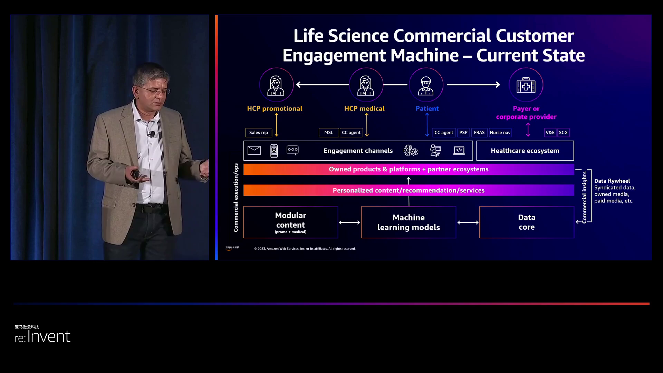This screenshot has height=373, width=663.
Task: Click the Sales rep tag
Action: [x=259, y=133]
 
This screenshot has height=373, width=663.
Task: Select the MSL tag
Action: [x=328, y=133]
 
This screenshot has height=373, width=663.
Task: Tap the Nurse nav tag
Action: [x=500, y=133]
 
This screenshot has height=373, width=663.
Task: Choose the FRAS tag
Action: [x=479, y=133]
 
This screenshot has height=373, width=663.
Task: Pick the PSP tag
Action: [x=463, y=133]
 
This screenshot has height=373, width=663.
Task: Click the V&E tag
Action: [x=550, y=133]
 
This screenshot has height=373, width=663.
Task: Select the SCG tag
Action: [x=563, y=133]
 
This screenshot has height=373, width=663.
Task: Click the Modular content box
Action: [x=290, y=222]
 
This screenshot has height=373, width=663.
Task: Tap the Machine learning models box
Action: [x=409, y=222]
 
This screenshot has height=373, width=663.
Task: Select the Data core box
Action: [x=527, y=222]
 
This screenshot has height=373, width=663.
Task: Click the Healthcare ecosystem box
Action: [x=525, y=151]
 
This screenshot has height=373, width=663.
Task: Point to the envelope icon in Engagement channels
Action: [x=254, y=151]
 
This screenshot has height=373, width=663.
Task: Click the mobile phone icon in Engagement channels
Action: [x=274, y=151]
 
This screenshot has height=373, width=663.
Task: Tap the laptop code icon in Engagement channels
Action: [x=459, y=151]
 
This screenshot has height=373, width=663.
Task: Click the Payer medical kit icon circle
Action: [x=526, y=85]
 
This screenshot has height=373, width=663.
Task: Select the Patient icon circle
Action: [x=426, y=85]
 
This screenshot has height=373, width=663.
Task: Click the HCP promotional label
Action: [x=275, y=108]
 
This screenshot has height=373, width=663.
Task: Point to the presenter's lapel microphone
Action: [x=151, y=134]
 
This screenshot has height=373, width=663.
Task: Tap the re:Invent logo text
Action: [x=42, y=336]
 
